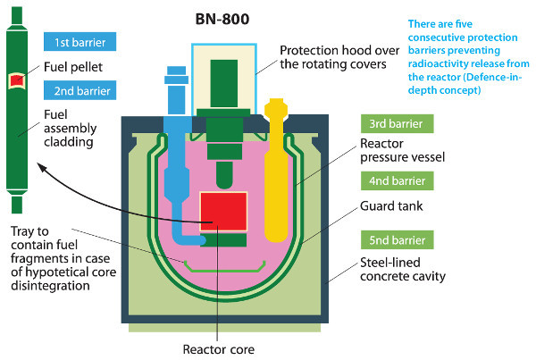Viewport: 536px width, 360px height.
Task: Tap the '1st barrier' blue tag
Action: [80, 41]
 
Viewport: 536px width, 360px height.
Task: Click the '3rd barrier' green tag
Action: [398, 124]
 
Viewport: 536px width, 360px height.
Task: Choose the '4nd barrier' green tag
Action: [398, 182]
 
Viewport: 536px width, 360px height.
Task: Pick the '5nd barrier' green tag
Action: [398, 239]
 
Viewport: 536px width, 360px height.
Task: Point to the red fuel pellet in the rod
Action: [16, 81]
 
